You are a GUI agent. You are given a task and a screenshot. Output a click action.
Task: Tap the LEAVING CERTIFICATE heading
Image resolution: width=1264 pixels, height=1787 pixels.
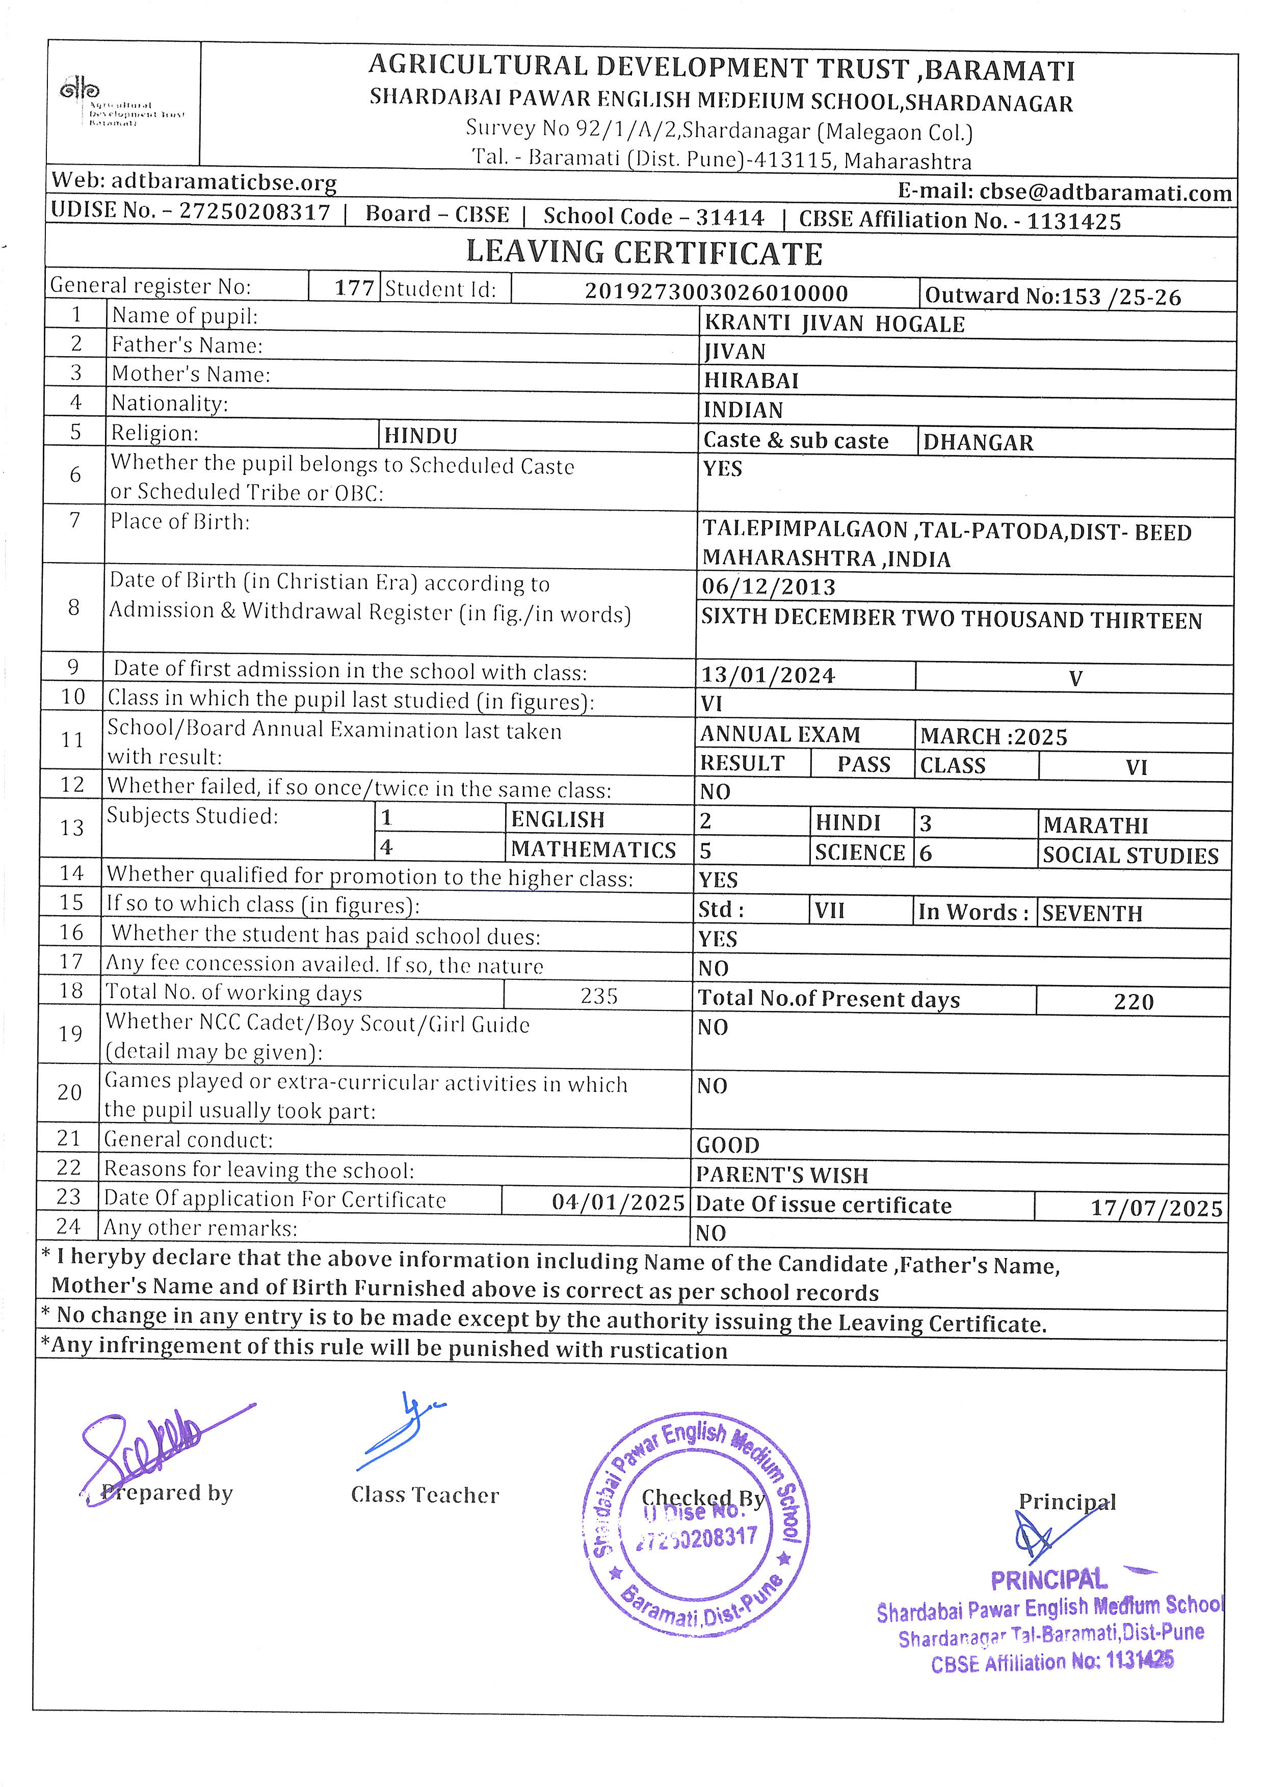click(644, 253)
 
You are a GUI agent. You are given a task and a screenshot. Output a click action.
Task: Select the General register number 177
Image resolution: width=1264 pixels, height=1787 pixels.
click(354, 288)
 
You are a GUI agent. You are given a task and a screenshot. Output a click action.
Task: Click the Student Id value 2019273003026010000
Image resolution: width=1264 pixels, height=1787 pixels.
click(716, 292)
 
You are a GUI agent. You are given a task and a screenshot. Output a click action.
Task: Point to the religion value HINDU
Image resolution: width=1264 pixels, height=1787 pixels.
click(420, 436)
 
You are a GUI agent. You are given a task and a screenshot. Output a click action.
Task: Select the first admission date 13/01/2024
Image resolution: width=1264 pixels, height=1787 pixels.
click(768, 675)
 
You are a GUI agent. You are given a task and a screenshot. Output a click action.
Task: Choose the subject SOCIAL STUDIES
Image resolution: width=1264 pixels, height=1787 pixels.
click(1130, 856)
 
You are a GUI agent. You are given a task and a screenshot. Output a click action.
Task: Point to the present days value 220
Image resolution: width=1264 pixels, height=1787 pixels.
click(1133, 1002)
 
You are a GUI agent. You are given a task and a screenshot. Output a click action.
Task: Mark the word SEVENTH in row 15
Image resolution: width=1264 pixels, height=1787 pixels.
click(1092, 913)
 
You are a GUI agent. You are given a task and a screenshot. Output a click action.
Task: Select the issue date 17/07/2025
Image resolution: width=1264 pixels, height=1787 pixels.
click(1156, 1208)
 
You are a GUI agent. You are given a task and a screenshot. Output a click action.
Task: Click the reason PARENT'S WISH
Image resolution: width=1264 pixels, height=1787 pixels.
click(781, 1175)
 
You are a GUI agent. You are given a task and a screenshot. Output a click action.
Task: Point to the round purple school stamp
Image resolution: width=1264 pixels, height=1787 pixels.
click(695, 1526)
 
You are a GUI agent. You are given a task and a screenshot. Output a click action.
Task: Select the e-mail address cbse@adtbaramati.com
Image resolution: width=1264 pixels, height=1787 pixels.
click(1105, 192)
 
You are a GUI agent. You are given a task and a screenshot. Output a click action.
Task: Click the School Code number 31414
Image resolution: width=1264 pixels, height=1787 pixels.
click(729, 217)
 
